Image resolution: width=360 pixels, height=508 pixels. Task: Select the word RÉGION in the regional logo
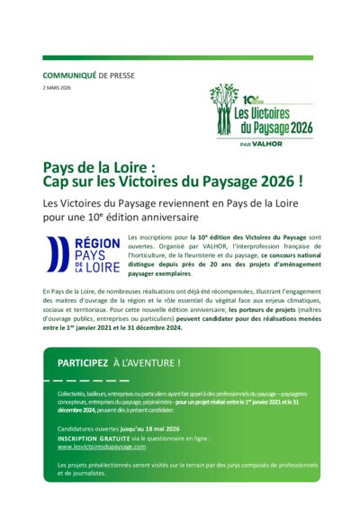tap(96, 244)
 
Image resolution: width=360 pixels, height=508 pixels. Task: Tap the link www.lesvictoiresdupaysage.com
tap(101, 446)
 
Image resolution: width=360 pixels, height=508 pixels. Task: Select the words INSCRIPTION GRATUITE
tap(94, 438)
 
